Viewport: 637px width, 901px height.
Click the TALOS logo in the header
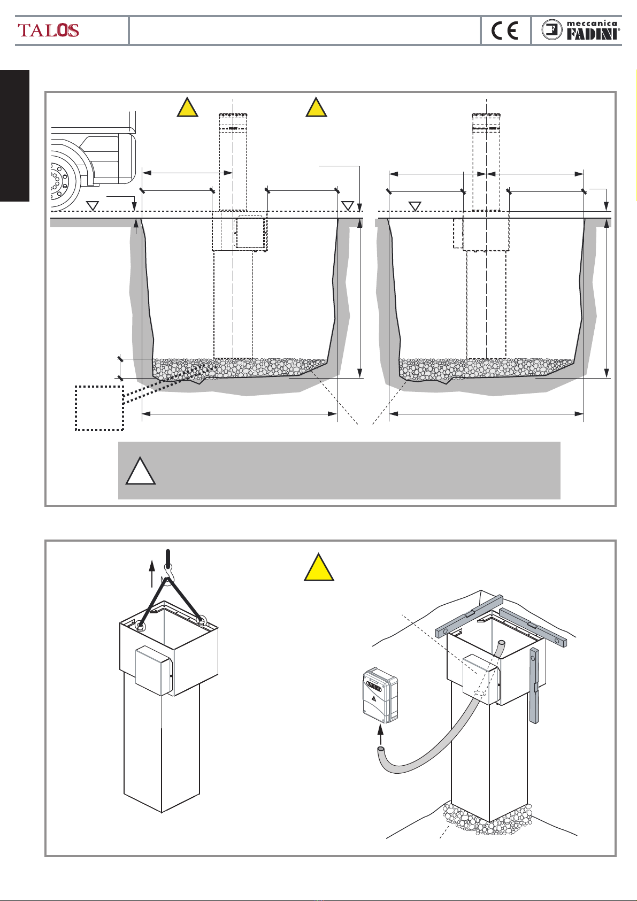49,30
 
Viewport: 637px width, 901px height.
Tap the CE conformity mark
505,31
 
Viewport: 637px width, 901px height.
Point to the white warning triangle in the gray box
141,472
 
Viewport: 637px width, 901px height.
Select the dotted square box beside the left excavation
99,407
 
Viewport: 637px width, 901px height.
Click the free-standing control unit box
380,695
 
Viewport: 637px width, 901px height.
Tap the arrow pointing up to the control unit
380,736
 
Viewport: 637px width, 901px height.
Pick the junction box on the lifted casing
154,671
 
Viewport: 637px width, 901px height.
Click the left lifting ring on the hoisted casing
142,625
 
